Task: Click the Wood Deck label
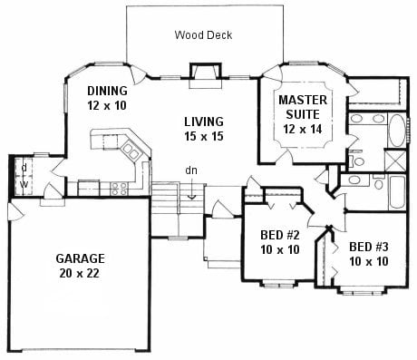[x=203, y=35]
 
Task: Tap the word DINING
[x=107, y=91]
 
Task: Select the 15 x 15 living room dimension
[x=204, y=136]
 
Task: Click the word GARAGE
[x=80, y=258]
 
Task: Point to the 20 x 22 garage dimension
[x=80, y=273]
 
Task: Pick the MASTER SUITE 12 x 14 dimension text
[x=303, y=129]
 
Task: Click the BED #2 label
[x=280, y=235]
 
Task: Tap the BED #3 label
[x=369, y=247]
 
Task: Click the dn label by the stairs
[x=191, y=170]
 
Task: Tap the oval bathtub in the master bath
[x=397, y=131]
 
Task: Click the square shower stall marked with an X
[x=395, y=161]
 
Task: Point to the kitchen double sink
[x=131, y=151]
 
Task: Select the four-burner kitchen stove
[x=119, y=189]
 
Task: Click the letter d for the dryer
[x=24, y=167]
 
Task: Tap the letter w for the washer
[x=24, y=184]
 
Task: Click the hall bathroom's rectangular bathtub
[x=397, y=192]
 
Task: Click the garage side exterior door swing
[x=15, y=210]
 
